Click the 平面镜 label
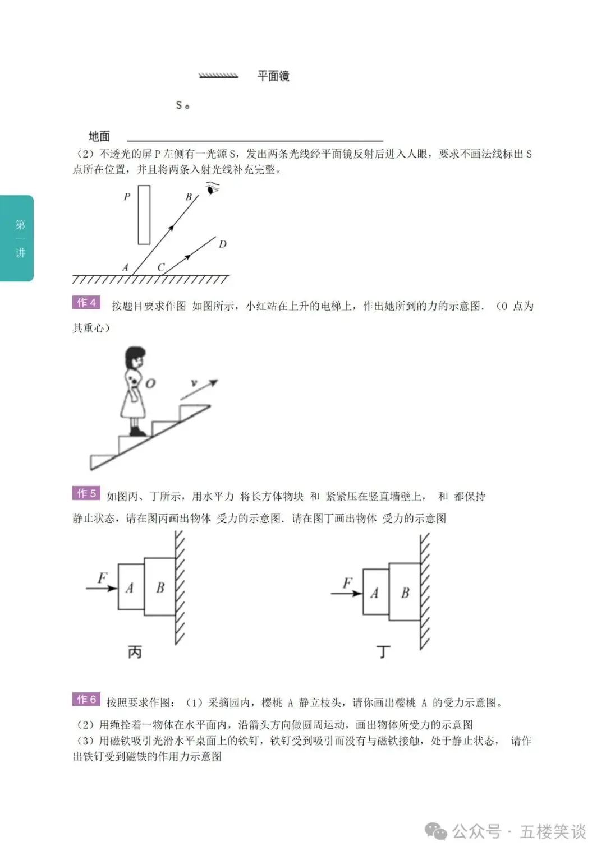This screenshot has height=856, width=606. point(273,76)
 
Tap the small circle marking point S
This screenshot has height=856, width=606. point(187,107)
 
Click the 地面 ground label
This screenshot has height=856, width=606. point(99,136)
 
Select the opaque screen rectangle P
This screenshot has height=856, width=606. point(144,214)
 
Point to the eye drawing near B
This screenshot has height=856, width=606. point(212,188)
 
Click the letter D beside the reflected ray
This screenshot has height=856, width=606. point(222,243)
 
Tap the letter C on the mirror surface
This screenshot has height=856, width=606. point(161,267)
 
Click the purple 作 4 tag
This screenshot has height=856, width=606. point(86,302)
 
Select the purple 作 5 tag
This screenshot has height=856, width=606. point(86,493)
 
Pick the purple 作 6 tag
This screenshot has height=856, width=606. point(86,699)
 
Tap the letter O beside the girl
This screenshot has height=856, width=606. point(150,383)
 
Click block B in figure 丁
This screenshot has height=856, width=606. point(405,591)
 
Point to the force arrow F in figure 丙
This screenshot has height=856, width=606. point(102,588)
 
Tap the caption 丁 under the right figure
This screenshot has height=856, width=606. point(383,651)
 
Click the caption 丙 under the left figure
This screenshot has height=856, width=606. point(135,651)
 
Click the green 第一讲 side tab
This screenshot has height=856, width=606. point(17,238)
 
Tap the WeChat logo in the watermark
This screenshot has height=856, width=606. point(436,831)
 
